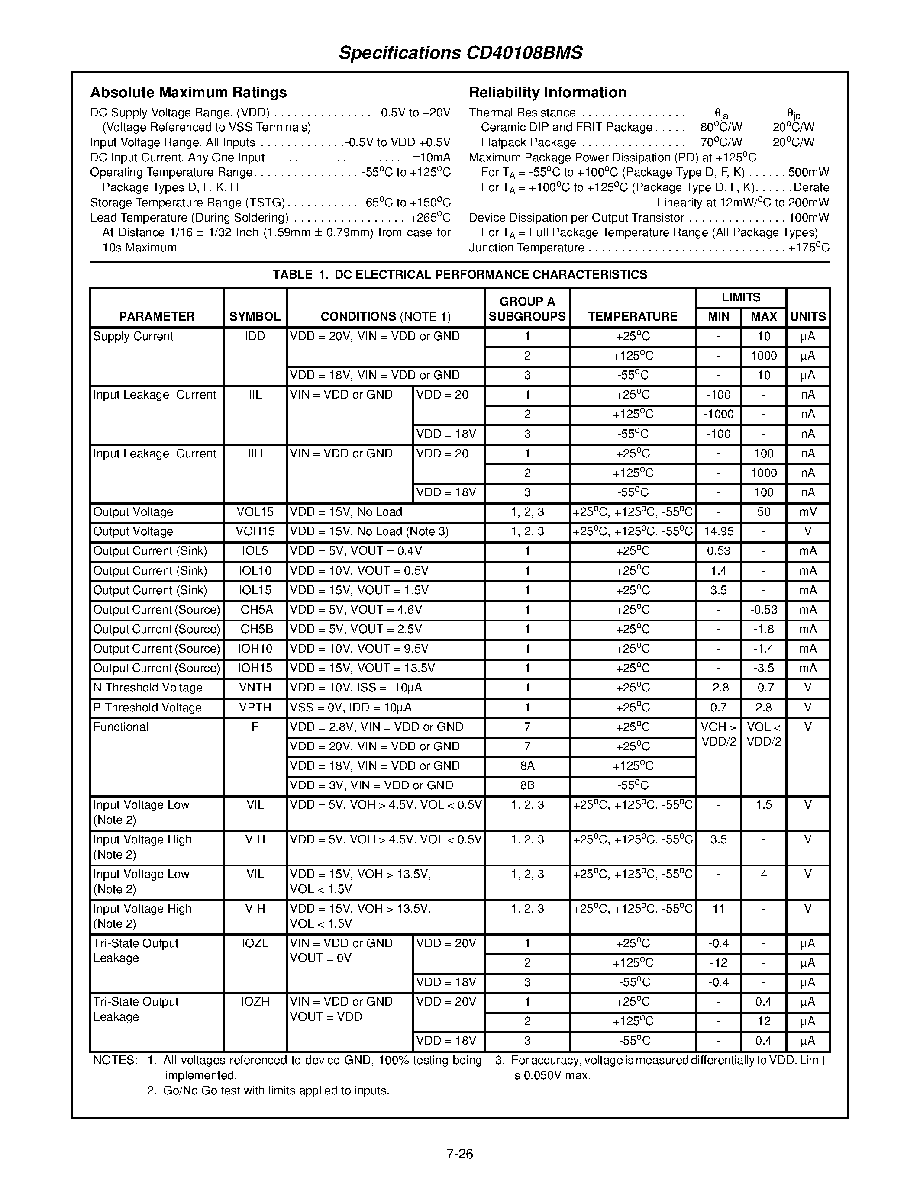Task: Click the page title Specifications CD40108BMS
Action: (x=461, y=53)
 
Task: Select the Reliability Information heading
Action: (x=547, y=92)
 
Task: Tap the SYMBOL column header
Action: (x=255, y=317)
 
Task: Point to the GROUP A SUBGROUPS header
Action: (x=527, y=309)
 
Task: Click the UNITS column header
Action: (x=808, y=317)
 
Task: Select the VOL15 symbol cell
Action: (x=255, y=512)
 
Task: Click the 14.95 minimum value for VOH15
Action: (x=718, y=531)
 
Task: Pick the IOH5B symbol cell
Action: (x=255, y=629)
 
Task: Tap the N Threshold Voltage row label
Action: (x=148, y=688)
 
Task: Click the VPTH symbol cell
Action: (x=255, y=707)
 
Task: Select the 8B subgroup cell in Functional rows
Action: (x=527, y=785)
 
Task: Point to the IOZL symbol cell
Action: (x=255, y=943)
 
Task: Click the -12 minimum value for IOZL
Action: (x=718, y=963)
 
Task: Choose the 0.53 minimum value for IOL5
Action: (x=718, y=551)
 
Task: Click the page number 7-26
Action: (x=459, y=1154)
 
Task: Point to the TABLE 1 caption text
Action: (x=459, y=275)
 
